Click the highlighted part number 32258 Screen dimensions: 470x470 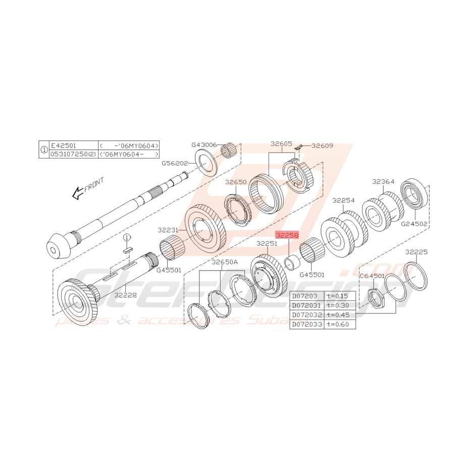pyautogui.click(x=287, y=235)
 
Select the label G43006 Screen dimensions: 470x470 pyautogui.click(x=204, y=145)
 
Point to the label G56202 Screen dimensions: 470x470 pyautogui.click(x=175, y=164)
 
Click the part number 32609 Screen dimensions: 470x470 pyautogui.click(x=323, y=145)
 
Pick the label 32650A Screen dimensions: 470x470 pyautogui.click(x=225, y=262)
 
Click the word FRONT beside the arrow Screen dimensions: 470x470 pyautogui.click(x=94, y=184)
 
